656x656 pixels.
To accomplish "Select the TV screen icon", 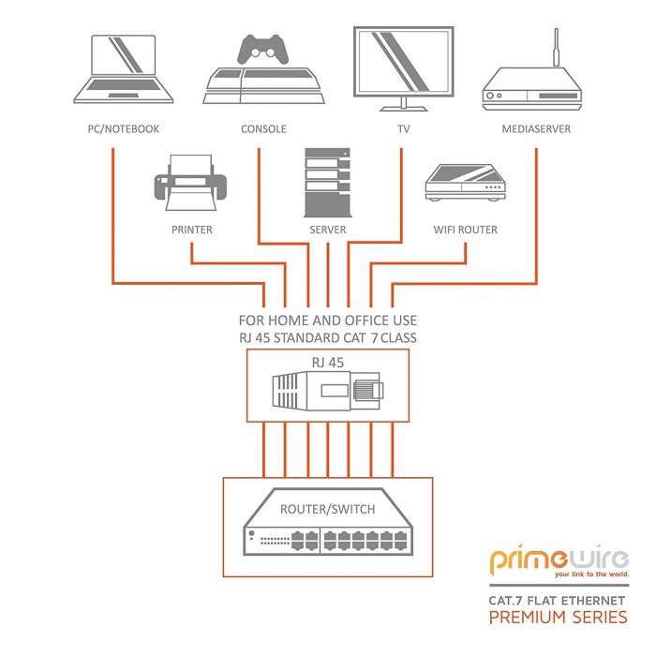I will point(400,62).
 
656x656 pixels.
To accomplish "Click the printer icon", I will point(191,183).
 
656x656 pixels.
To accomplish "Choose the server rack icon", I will point(327,182).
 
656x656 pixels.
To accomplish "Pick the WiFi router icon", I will point(466,182).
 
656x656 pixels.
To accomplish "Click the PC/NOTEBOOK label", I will point(117,128).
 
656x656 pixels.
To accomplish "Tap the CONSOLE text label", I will point(263,128).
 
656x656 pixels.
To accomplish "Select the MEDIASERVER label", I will point(536,128).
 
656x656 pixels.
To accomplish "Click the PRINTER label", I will point(191,230).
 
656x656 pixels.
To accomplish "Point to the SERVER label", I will point(327,230).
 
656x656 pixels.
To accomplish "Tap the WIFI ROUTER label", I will point(466,230).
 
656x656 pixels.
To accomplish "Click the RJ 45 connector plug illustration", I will point(327,391).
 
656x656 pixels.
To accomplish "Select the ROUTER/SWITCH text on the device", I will point(328,510).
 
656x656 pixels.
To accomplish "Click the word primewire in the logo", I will point(559,561).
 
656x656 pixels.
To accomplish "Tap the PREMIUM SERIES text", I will point(559,617).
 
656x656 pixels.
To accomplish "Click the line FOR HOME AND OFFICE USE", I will point(327,321).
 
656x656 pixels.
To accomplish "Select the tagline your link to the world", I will point(590,574).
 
